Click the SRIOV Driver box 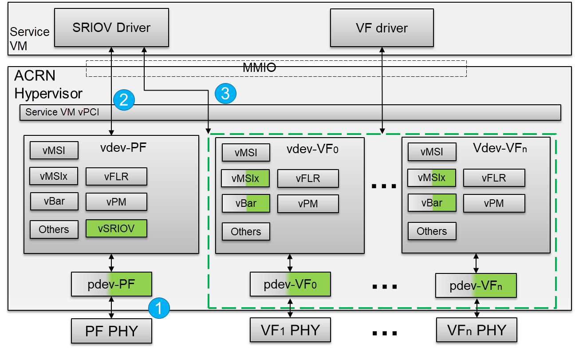111,28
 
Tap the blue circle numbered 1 159,308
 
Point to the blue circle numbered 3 225,93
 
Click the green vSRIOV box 116,229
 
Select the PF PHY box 111,331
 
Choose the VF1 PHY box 290,330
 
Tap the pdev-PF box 111,284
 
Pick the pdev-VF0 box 290,284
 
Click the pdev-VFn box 476,285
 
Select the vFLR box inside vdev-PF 116,176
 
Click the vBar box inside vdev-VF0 246,204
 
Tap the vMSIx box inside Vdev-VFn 432,178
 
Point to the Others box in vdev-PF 54,229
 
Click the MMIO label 259,68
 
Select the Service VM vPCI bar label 62,112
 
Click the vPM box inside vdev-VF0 308,204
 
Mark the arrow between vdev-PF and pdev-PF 111,263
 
